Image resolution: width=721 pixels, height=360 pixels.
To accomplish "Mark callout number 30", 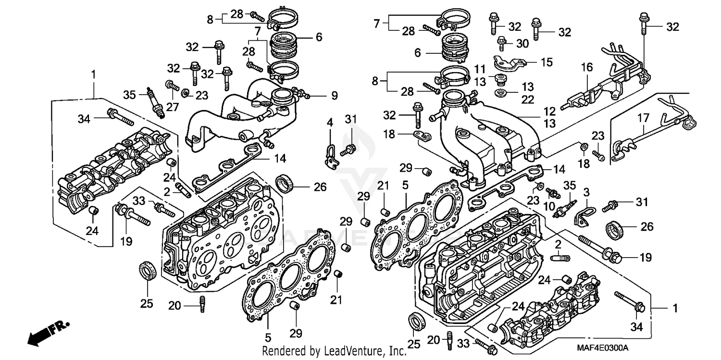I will (x=522, y=43).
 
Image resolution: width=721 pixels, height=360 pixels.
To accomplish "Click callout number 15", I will (x=547, y=62).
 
